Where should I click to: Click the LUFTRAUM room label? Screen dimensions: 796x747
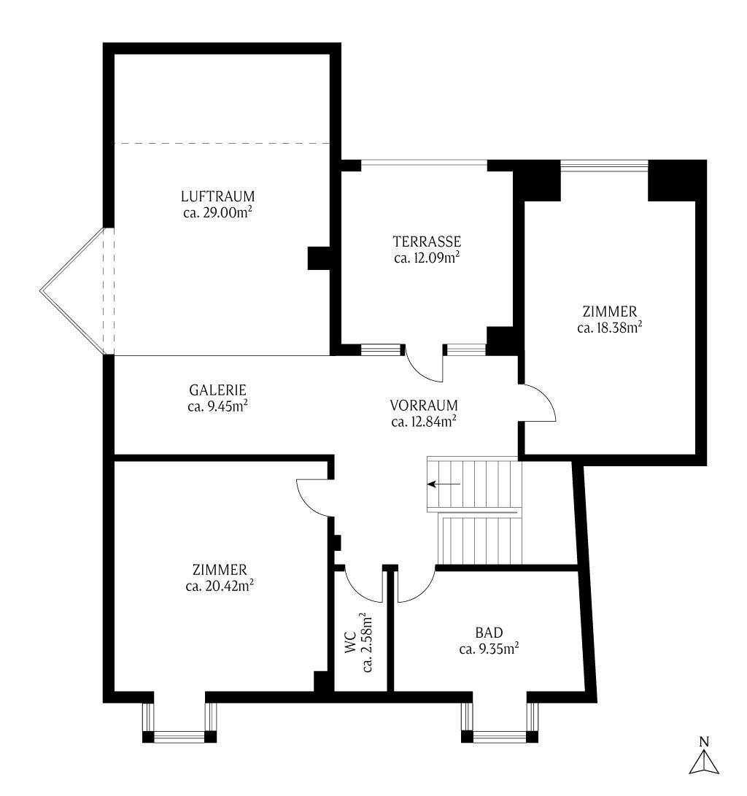[217, 196]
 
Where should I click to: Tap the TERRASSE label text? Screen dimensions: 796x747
[427, 241]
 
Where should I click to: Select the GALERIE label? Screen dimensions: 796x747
[217, 390]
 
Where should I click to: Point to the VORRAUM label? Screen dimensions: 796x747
[423, 406]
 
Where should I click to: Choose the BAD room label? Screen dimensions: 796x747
[489, 632]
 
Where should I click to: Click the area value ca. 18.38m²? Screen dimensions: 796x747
[609, 328]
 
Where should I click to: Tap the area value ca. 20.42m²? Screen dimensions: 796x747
[220, 585]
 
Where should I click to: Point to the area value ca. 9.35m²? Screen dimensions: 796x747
[489, 648]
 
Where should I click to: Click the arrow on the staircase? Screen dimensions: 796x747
[444, 484]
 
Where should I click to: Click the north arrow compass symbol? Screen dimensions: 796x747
[704, 762]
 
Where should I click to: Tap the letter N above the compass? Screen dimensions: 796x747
[704, 742]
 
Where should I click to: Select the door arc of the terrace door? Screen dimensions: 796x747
[422, 368]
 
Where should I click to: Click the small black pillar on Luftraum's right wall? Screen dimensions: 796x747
[319, 259]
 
